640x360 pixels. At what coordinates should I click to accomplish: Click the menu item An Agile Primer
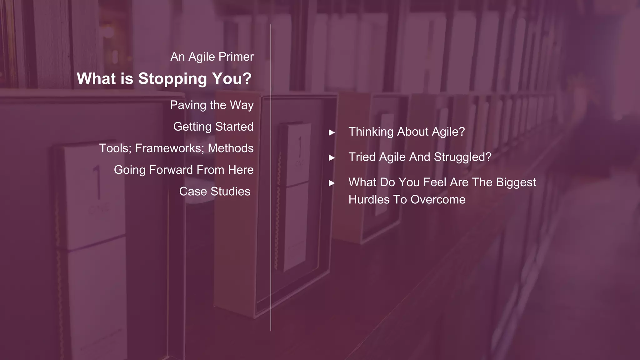212,57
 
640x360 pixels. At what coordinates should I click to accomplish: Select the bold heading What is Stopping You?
164,78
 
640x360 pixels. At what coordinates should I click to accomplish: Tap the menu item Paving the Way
212,105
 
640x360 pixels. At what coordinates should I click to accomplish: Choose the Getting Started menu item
213,127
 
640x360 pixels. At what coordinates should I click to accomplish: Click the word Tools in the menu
115,148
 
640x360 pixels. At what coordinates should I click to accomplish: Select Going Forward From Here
183,170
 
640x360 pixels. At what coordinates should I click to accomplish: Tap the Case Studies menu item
214,192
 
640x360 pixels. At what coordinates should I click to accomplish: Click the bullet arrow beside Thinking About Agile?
332,132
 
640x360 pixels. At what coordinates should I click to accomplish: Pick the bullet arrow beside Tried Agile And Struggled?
332,158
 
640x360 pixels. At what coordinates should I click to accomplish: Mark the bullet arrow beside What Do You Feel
332,183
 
